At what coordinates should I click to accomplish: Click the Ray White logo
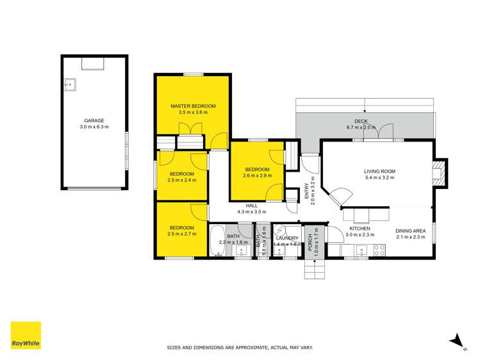click(x=26, y=335)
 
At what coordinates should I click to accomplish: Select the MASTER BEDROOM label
click(x=192, y=106)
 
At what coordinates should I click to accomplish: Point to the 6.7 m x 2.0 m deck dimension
click(x=364, y=127)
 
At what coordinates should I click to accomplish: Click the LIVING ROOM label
click(x=379, y=171)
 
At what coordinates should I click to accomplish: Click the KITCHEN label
click(x=360, y=229)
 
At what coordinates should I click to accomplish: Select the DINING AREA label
click(x=410, y=231)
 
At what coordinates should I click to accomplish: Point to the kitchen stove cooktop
click(x=379, y=249)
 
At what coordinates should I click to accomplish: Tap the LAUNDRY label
click(x=287, y=238)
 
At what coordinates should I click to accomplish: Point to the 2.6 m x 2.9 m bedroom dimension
click(x=258, y=175)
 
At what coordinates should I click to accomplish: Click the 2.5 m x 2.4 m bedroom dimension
click(x=182, y=180)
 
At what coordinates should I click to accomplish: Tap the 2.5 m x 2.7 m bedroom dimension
click(x=182, y=234)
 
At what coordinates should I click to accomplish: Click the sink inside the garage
click(x=70, y=84)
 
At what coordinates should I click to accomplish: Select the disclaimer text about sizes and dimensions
click(x=240, y=348)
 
